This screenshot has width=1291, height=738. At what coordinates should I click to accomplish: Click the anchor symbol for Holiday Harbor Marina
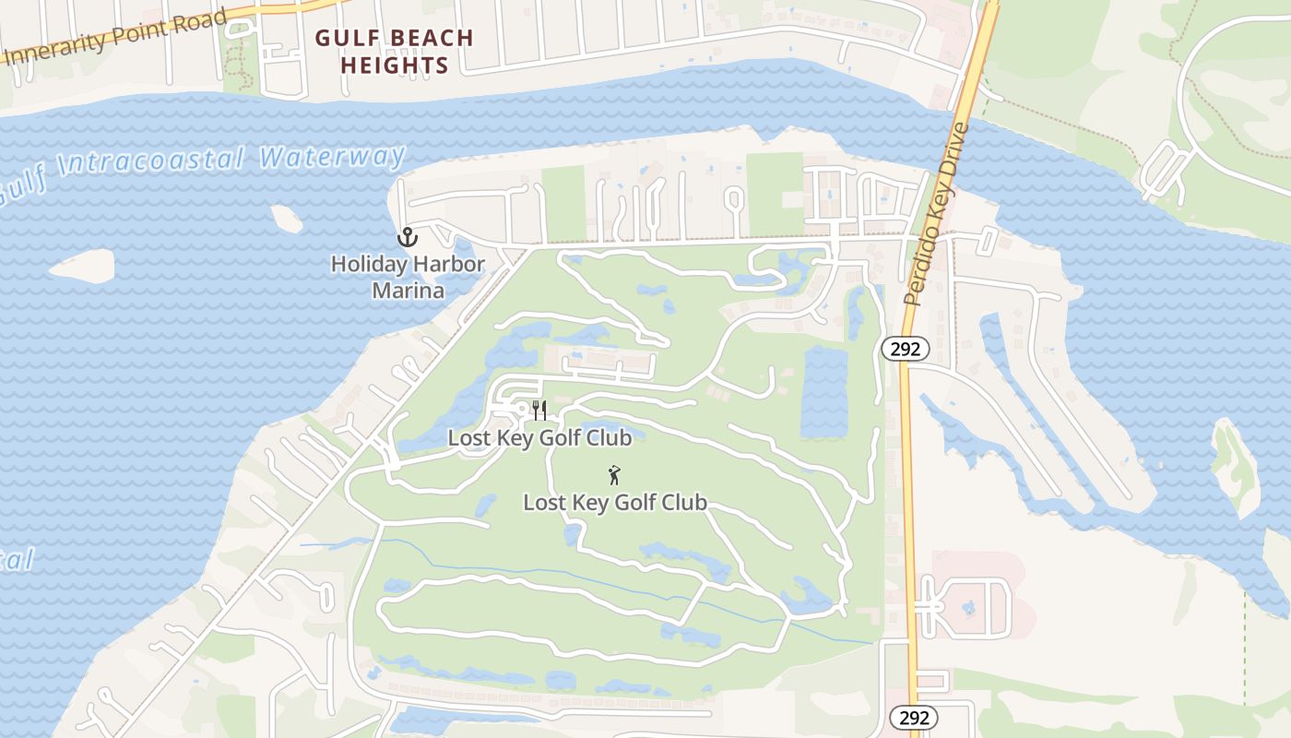point(408,238)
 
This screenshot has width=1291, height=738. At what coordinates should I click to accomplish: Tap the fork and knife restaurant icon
point(539,411)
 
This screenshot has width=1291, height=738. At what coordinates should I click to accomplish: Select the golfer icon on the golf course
point(614,476)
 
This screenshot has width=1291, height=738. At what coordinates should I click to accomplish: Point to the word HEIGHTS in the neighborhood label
point(395,66)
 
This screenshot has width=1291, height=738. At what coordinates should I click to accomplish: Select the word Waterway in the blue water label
point(333,157)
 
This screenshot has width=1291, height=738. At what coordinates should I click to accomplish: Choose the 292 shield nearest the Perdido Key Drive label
point(906,349)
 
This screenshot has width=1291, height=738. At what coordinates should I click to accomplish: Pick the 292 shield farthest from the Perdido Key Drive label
point(913,718)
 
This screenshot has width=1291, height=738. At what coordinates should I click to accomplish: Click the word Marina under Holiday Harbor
point(408,292)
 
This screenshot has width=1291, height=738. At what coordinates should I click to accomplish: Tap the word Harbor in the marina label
point(448,265)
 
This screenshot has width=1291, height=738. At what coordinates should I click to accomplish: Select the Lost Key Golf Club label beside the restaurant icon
point(539,437)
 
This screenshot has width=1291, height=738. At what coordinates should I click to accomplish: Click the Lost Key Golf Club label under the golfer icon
point(615,503)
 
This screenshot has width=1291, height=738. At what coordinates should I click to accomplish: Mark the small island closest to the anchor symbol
point(287,219)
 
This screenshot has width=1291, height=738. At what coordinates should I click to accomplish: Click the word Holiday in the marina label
point(369,265)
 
